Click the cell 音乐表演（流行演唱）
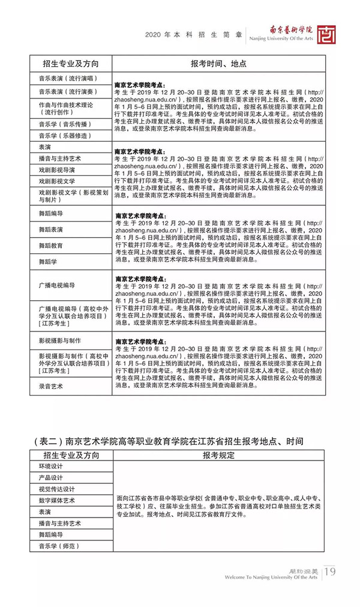(x=67, y=79)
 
